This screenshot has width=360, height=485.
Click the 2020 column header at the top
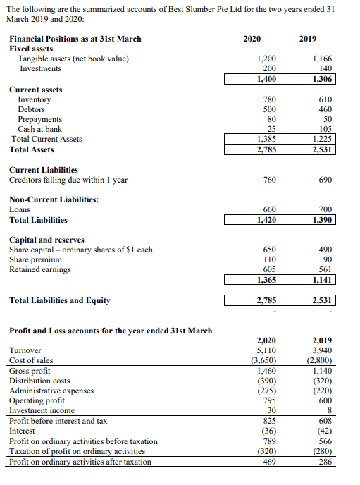(252, 38)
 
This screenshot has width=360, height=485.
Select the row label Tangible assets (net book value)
(73, 59)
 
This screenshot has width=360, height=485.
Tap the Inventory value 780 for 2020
(269, 99)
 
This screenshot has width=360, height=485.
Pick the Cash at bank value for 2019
(325, 129)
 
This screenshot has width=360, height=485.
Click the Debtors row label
(31, 109)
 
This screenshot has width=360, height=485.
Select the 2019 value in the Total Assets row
(321, 149)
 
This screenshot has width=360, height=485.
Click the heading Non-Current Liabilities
(54, 199)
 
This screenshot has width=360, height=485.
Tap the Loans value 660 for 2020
(269, 209)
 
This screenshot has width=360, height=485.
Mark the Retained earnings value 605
(269, 269)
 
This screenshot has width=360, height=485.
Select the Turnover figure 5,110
(266, 350)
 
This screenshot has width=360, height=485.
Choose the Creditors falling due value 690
(325, 180)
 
